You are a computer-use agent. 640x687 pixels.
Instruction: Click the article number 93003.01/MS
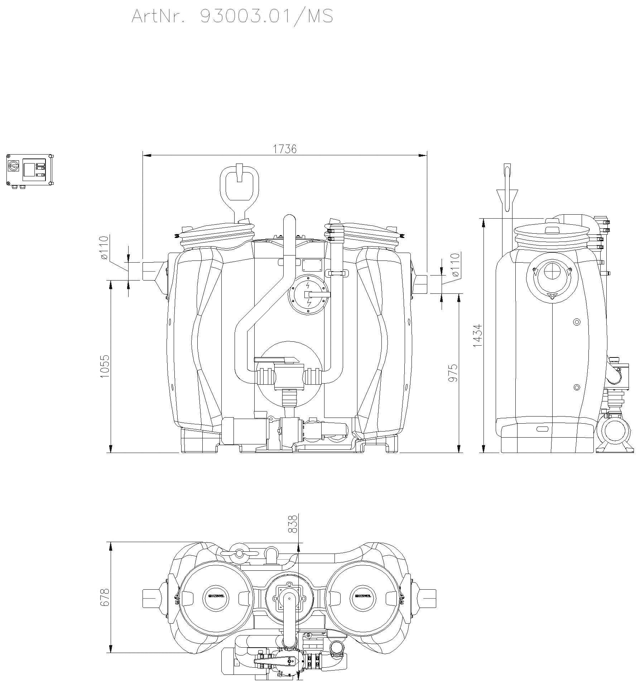[x=266, y=16]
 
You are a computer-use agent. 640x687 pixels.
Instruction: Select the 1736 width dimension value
[x=285, y=149]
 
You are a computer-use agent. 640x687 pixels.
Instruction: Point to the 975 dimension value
[x=453, y=373]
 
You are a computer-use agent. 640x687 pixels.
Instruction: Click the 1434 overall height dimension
[x=477, y=335]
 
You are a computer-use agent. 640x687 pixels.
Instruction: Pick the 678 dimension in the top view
[x=104, y=597]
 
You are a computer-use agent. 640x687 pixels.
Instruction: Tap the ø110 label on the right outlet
[x=455, y=265]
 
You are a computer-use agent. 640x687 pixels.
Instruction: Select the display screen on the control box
[x=29, y=169]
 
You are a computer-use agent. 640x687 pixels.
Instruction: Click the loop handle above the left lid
[x=239, y=186]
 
